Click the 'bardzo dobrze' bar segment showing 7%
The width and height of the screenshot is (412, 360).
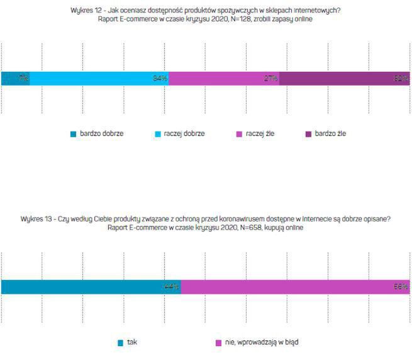15,79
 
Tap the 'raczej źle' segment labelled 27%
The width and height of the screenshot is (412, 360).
224,79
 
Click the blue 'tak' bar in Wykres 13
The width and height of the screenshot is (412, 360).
91,287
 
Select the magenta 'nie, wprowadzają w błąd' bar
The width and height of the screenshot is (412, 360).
296,287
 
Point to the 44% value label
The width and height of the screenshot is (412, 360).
171,287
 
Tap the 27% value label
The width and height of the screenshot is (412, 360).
271,79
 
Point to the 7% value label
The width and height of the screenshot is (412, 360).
23,79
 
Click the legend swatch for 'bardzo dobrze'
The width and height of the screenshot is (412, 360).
74,134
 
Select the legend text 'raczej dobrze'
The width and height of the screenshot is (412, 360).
184,133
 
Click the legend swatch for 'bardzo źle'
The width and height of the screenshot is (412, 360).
308,134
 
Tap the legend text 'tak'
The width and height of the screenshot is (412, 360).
131,342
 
